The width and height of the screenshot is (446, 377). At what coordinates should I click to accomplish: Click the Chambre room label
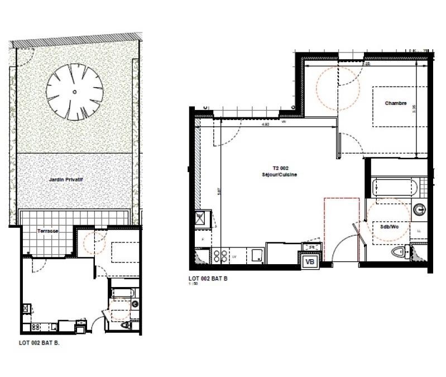[x=395, y=103]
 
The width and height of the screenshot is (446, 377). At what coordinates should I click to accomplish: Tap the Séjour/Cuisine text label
[x=279, y=175]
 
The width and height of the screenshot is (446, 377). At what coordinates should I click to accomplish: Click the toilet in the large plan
[x=400, y=254]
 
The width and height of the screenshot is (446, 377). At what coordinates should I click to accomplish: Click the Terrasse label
[x=48, y=230]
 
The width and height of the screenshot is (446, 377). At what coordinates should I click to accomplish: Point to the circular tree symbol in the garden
[x=74, y=92]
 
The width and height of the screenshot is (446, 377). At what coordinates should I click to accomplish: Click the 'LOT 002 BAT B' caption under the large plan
[x=208, y=279]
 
